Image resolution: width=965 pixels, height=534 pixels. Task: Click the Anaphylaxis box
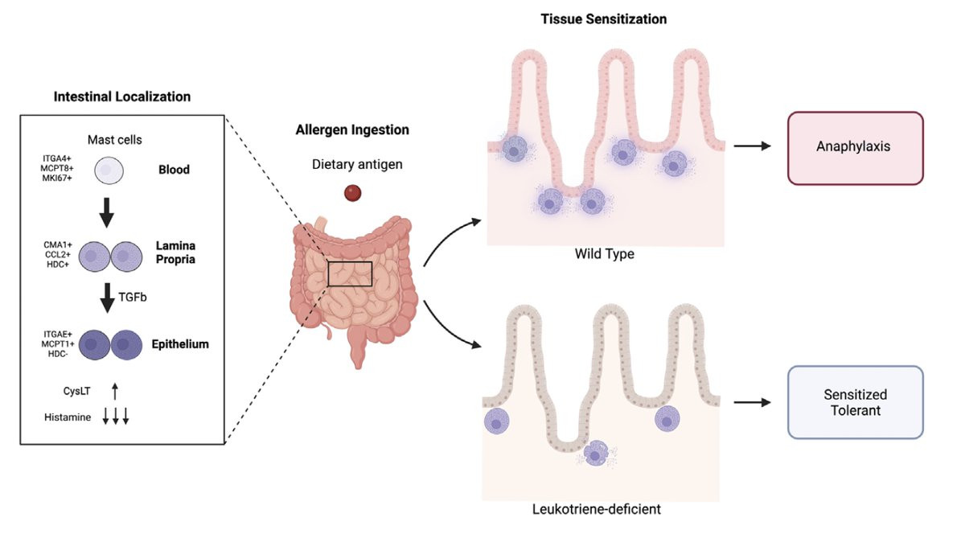[855, 148]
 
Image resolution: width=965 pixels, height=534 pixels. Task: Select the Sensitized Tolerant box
[855, 402]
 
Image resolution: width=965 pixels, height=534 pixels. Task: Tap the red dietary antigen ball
[352, 193]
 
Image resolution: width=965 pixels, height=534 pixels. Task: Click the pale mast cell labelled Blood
[109, 170]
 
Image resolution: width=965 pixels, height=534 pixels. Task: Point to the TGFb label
[133, 298]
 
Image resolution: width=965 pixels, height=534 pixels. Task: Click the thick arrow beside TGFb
[107, 298]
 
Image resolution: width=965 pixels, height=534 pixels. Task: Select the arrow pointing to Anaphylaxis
[752, 146]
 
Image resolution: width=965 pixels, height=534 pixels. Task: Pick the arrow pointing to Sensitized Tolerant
[752, 403]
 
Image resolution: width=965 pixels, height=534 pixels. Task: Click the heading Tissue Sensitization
[604, 19]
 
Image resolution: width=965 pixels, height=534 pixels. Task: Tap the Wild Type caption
[605, 254]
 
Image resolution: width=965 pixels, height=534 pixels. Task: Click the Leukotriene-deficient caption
[596, 509]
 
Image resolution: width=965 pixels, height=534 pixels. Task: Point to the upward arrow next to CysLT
[114, 392]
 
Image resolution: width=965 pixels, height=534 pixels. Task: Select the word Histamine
[68, 417]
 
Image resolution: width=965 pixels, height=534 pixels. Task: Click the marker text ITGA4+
[57, 158]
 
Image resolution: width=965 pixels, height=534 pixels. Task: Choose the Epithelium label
[180, 344]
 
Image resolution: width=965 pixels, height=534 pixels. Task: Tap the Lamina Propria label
[175, 253]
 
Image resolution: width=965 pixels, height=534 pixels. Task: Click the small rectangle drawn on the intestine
[350, 261]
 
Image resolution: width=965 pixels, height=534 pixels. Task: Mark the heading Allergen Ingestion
[352, 129]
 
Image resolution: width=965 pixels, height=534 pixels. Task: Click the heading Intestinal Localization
[122, 97]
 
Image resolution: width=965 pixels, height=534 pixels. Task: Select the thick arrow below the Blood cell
[107, 213]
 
